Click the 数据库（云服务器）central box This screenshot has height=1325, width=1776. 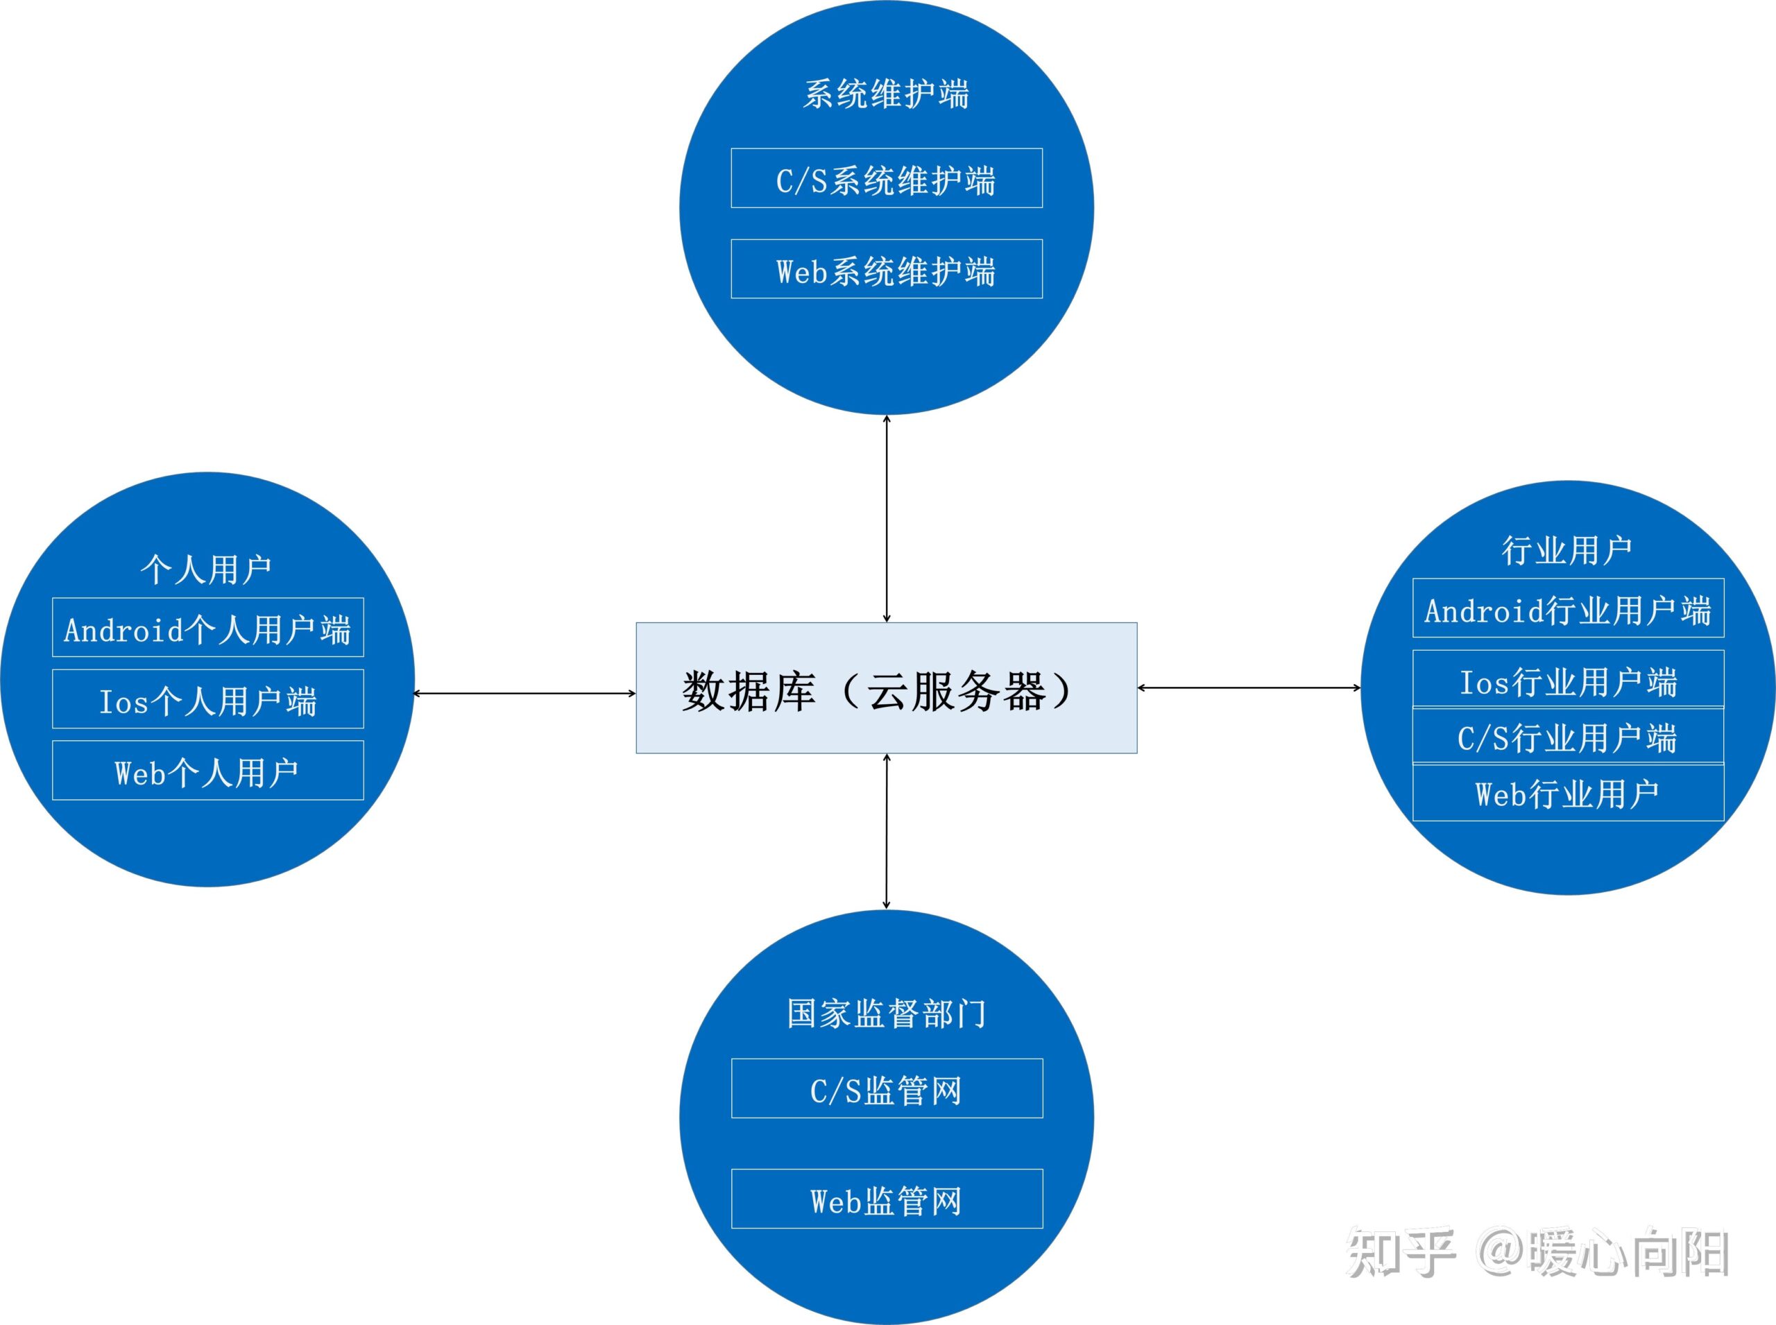point(887,688)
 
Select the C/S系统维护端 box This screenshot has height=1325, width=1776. point(887,178)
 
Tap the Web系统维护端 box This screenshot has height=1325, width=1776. point(887,269)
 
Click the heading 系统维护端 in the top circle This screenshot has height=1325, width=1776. point(887,94)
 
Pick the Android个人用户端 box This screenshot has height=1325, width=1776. point(207,628)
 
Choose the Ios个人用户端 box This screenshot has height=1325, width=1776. point(207,699)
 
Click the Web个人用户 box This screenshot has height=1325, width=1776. point(207,771)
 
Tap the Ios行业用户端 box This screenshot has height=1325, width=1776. point(1569,680)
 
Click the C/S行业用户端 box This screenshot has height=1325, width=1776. point(1569,736)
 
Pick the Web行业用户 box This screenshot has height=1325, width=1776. point(1569,793)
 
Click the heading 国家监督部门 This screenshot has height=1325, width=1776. point(887,1014)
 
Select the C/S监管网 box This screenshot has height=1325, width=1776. point(887,1089)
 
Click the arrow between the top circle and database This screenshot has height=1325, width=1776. point(887,518)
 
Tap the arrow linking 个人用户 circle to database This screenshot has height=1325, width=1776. point(524,694)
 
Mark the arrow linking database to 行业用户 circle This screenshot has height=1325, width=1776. point(1249,687)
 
